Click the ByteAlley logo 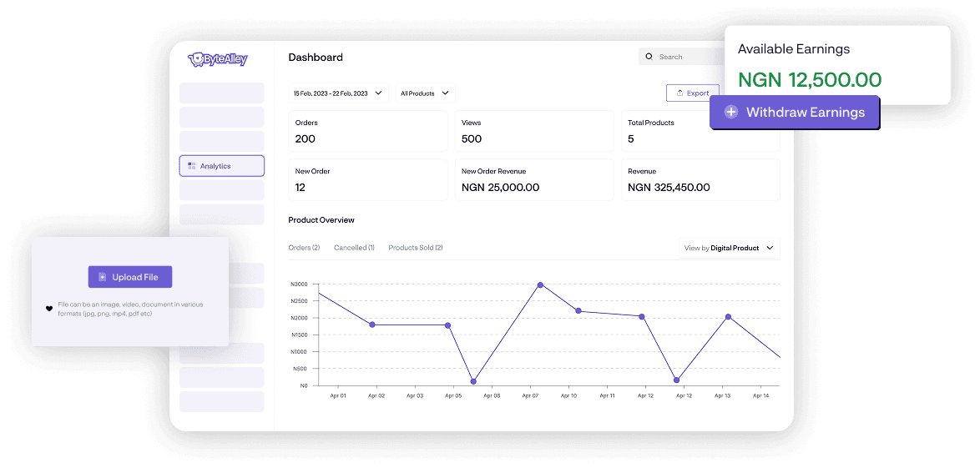(218, 59)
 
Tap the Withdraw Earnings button (794, 112)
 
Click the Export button (692, 93)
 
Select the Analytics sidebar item (221, 166)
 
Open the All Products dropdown (425, 93)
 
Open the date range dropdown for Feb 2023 (338, 93)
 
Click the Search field (680, 57)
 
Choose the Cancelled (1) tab (354, 248)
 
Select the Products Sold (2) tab (416, 248)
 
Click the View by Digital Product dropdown (729, 248)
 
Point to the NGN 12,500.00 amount (810, 80)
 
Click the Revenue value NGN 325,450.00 (669, 188)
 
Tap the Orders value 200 (306, 139)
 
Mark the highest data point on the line (540, 285)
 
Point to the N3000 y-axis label (299, 284)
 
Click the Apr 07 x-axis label (530, 396)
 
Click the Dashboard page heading (316, 58)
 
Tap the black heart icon (49, 309)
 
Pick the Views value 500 (472, 139)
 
